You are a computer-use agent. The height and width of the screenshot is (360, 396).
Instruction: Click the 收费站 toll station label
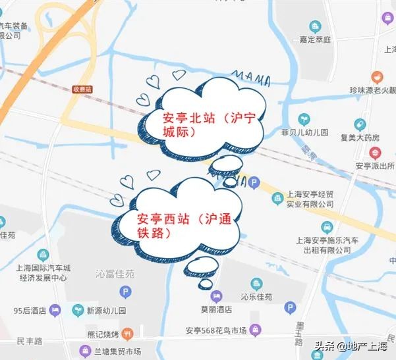82,89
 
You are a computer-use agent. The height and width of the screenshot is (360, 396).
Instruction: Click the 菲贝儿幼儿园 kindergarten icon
304,119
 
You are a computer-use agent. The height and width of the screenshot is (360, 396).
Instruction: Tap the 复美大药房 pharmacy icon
360,124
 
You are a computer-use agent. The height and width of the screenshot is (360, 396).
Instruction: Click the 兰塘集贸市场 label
119,351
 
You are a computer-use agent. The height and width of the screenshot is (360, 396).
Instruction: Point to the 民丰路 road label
30,341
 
